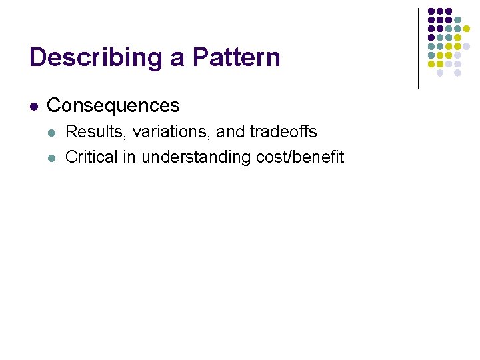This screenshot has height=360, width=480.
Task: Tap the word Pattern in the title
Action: (x=236, y=57)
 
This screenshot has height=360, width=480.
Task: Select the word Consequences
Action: (x=113, y=105)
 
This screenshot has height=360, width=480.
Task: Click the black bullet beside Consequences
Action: (x=34, y=106)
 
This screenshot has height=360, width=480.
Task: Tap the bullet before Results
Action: (x=53, y=133)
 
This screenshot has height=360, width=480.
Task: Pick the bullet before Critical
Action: (x=53, y=158)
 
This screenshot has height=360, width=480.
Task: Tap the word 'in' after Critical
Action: (x=130, y=157)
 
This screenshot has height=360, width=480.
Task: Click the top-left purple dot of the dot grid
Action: (x=431, y=12)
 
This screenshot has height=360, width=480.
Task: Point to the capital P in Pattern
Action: (x=200, y=57)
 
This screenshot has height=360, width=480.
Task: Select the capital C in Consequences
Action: (x=53, y=105)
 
